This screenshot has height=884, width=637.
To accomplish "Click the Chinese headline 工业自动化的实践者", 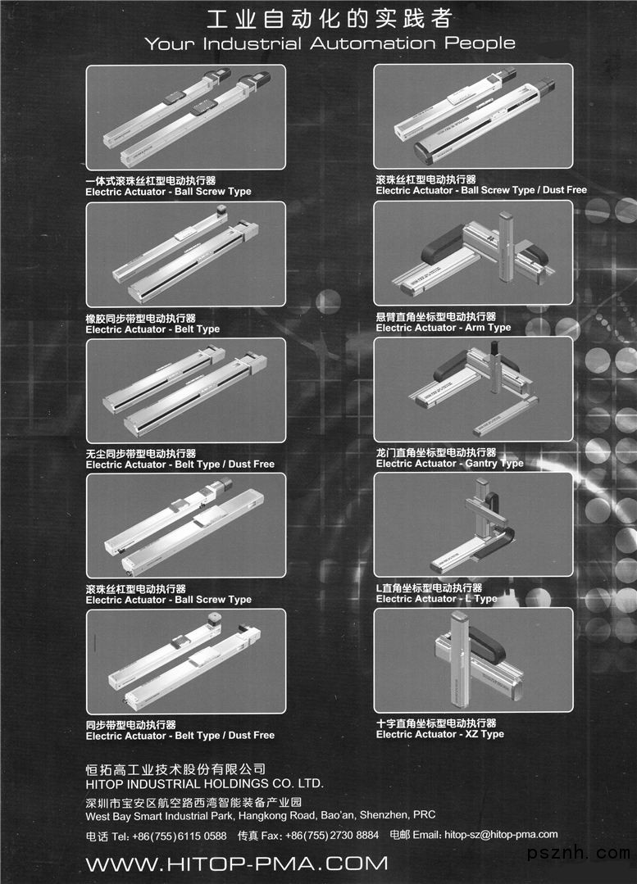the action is click(x=329, y=19).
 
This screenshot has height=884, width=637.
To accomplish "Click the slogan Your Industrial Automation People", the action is click(x=330, y=43).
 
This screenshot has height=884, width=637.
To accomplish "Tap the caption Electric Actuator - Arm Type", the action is click(x=444, y=328).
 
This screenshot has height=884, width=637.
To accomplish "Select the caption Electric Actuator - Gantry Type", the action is click(x=450, y=464).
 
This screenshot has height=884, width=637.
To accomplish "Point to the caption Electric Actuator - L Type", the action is click(x=437, y=599).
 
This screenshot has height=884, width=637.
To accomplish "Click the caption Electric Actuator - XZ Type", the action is click(x=440, y=734).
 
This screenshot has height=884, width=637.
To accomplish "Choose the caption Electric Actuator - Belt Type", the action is click(x=152, y=329).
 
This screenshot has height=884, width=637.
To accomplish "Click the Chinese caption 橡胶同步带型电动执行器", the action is click(x=140, y=318).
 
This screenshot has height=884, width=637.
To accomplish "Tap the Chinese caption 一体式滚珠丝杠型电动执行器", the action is click(x=151, y=180).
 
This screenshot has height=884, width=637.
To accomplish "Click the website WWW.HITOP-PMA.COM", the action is click(x=237, y=864).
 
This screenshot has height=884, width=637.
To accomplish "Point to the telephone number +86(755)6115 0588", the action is click(x=180, y=836).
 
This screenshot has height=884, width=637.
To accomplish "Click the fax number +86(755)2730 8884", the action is click(x=332, y=836).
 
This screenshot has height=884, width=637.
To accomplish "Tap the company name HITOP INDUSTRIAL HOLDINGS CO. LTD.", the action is click(x=204, y=784).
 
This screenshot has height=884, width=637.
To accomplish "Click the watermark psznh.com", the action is click(x=578, y=852).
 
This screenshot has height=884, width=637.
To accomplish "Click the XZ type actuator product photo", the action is click(x=473, y=660).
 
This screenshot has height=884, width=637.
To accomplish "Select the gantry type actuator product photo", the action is click(x=473, y=389).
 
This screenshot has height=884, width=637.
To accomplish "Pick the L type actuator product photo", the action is click(x=473, y=524).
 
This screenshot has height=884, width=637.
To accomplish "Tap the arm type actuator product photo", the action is click(x=473, y=252).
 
